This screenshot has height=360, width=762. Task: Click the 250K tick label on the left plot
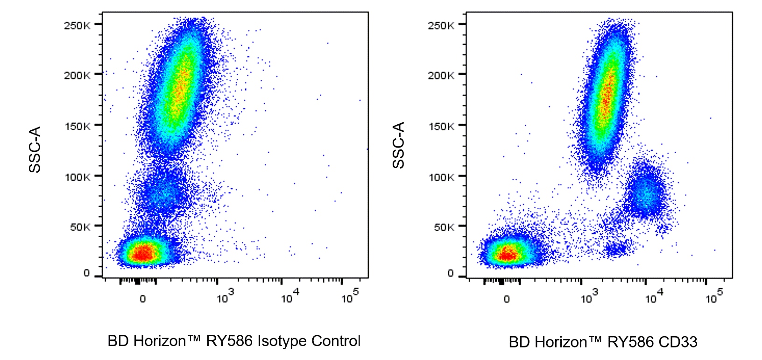[77, 25]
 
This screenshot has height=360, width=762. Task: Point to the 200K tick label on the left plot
[77, 75]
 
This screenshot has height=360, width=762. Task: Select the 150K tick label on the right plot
[441, 126]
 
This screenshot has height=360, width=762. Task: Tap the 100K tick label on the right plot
[441, 177]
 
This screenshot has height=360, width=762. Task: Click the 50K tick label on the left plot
[79, 227]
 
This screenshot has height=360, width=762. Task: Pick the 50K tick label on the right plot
[443, 227]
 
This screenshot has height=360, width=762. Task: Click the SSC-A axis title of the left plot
[35, 149]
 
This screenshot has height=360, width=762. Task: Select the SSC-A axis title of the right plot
[398, 145]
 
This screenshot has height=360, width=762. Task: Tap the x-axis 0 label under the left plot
[143, 299]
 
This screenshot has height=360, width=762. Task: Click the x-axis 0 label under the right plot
[507, 299]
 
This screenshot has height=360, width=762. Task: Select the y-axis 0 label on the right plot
[451, 274]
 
